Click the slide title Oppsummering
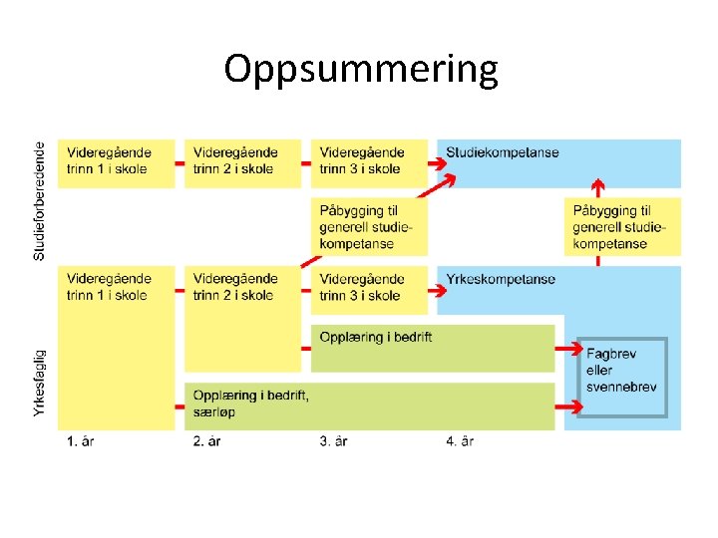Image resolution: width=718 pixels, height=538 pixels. pos(360,70)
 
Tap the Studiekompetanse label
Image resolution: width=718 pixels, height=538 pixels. pos(502,153)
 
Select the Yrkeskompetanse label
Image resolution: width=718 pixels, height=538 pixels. pos(501,280)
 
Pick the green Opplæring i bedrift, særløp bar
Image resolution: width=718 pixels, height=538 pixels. pos(369,404)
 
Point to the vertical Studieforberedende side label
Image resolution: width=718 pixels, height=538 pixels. pos(40,200)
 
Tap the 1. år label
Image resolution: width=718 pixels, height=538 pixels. pos(82,441)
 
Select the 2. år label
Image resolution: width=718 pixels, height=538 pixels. pos(206,441)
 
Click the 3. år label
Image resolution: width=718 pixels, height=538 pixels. pos(333,441)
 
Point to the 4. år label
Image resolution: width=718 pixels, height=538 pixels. pos(460,441)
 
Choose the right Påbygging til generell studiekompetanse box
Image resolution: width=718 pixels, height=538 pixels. pos(622,227)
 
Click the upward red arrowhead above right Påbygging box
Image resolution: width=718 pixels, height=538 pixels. pos(597,185)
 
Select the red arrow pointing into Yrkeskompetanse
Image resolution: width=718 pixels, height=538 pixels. pos(439,290)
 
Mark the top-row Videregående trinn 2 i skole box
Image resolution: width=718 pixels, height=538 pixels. pos(242,162)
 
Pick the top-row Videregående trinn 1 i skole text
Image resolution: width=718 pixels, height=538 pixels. pos(110,161)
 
